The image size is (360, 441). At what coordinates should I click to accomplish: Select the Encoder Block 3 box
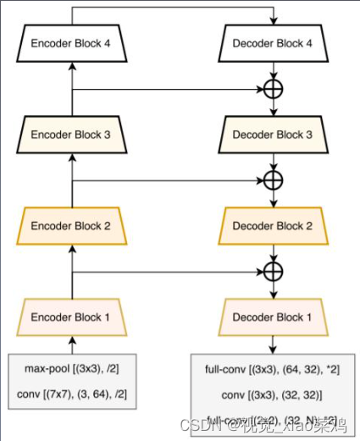(72, 133)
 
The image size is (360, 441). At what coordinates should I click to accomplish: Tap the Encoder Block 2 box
(72, 226)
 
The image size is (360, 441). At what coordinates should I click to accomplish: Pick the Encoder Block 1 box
(72, 317)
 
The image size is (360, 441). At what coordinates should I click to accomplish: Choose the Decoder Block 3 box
(272, 133)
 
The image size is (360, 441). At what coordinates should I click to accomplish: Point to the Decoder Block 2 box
(272, 226)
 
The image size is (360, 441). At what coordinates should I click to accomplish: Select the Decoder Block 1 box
(272, 317)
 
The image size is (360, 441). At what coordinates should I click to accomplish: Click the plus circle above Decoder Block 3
(273, 87)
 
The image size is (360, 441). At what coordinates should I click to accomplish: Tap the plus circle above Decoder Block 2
(273, 179)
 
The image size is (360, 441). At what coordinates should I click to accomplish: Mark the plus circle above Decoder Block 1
(273, 272)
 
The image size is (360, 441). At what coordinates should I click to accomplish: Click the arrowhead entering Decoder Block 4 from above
(273, 21)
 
